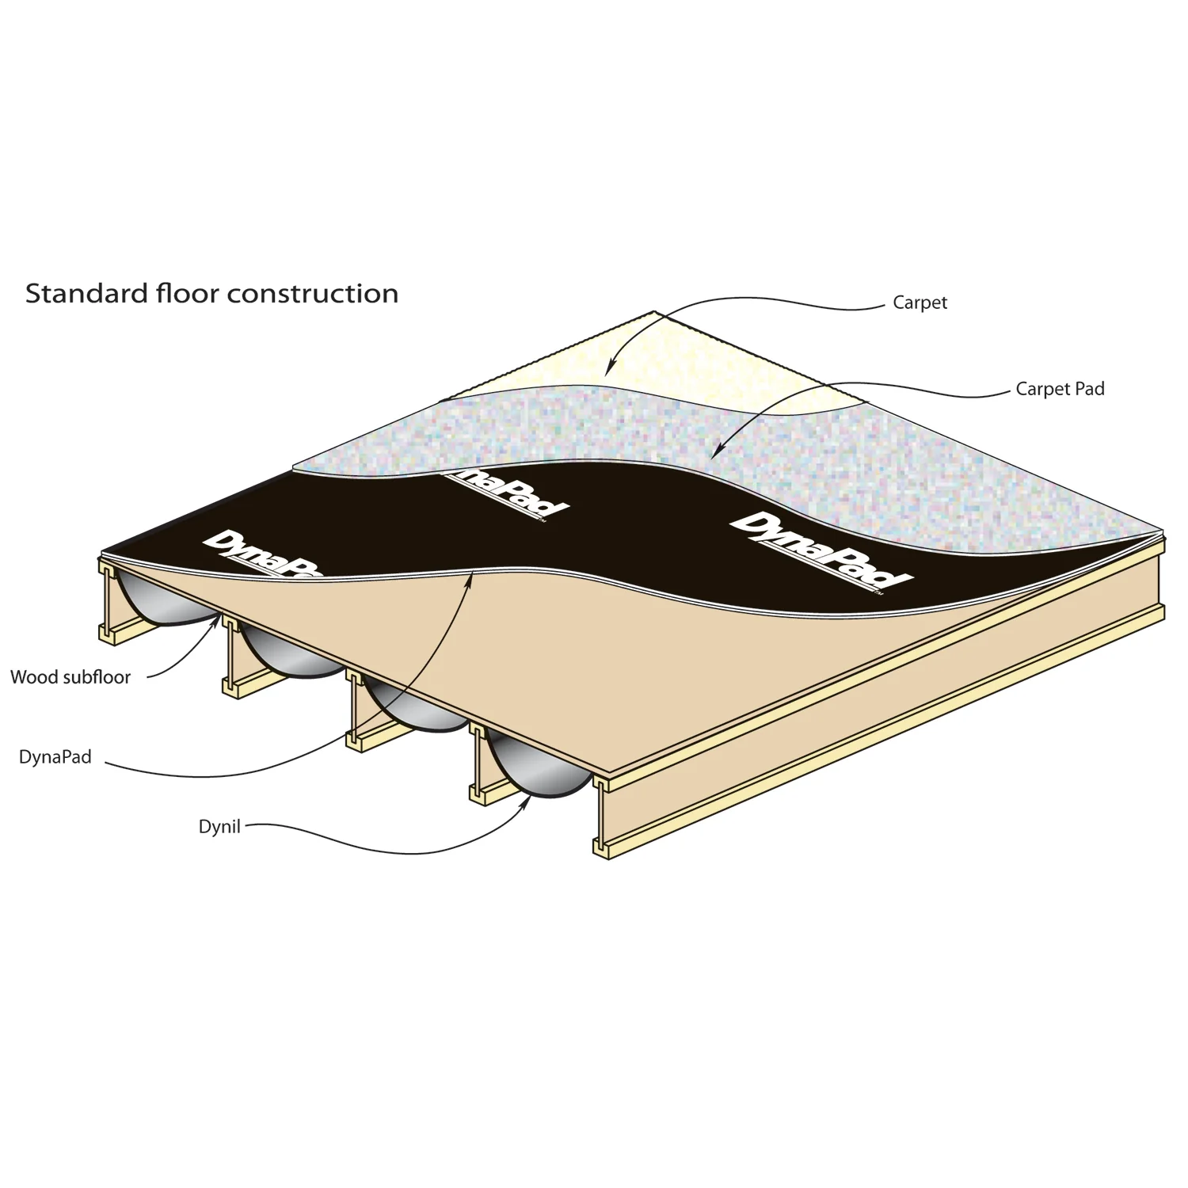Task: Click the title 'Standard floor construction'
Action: [211, 293]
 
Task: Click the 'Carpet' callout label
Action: [920, 303]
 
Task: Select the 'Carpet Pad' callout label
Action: [1060, 389]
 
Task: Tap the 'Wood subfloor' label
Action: [70, 677]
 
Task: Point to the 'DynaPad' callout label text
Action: [55, 757]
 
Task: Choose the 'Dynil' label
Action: [219, 828]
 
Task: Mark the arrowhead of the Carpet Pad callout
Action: [714, 452]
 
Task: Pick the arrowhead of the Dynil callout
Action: [527, 799]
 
